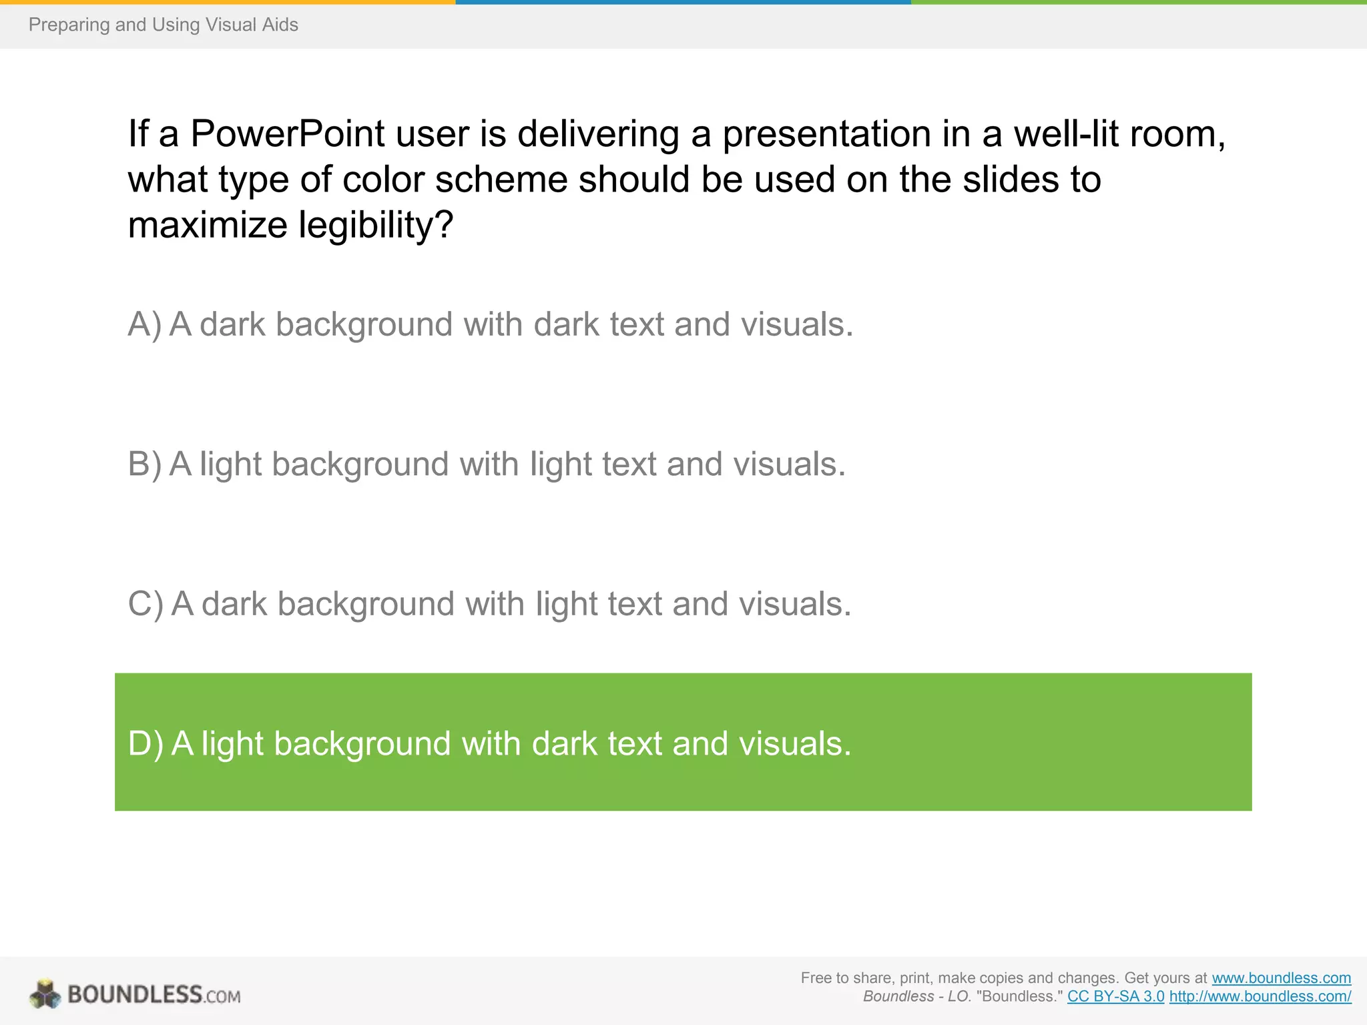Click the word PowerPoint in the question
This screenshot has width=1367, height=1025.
(287, 134)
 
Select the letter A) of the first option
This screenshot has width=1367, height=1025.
(144, 325)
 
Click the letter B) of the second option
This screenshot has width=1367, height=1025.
(144, 464)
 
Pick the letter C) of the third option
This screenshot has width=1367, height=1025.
(145, 605)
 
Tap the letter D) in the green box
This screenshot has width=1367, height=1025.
(145, 744)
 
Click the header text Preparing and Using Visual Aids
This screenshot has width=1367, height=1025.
(163, 25)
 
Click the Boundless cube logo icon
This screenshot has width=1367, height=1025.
(45, 994)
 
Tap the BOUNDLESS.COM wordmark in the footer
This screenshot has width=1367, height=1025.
(154, 995)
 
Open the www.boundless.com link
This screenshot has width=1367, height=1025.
(1281, 978)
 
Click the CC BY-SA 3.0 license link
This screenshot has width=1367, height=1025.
(1115, 997)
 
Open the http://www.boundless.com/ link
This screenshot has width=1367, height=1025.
(1260, 997)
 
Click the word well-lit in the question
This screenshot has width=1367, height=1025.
(1065, 134)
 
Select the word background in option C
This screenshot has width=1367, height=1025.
(366, 605)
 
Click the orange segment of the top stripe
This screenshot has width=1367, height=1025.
(227, 2)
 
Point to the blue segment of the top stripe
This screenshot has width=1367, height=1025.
(683, 2)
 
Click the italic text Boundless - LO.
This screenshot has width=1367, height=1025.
(916, 997)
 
